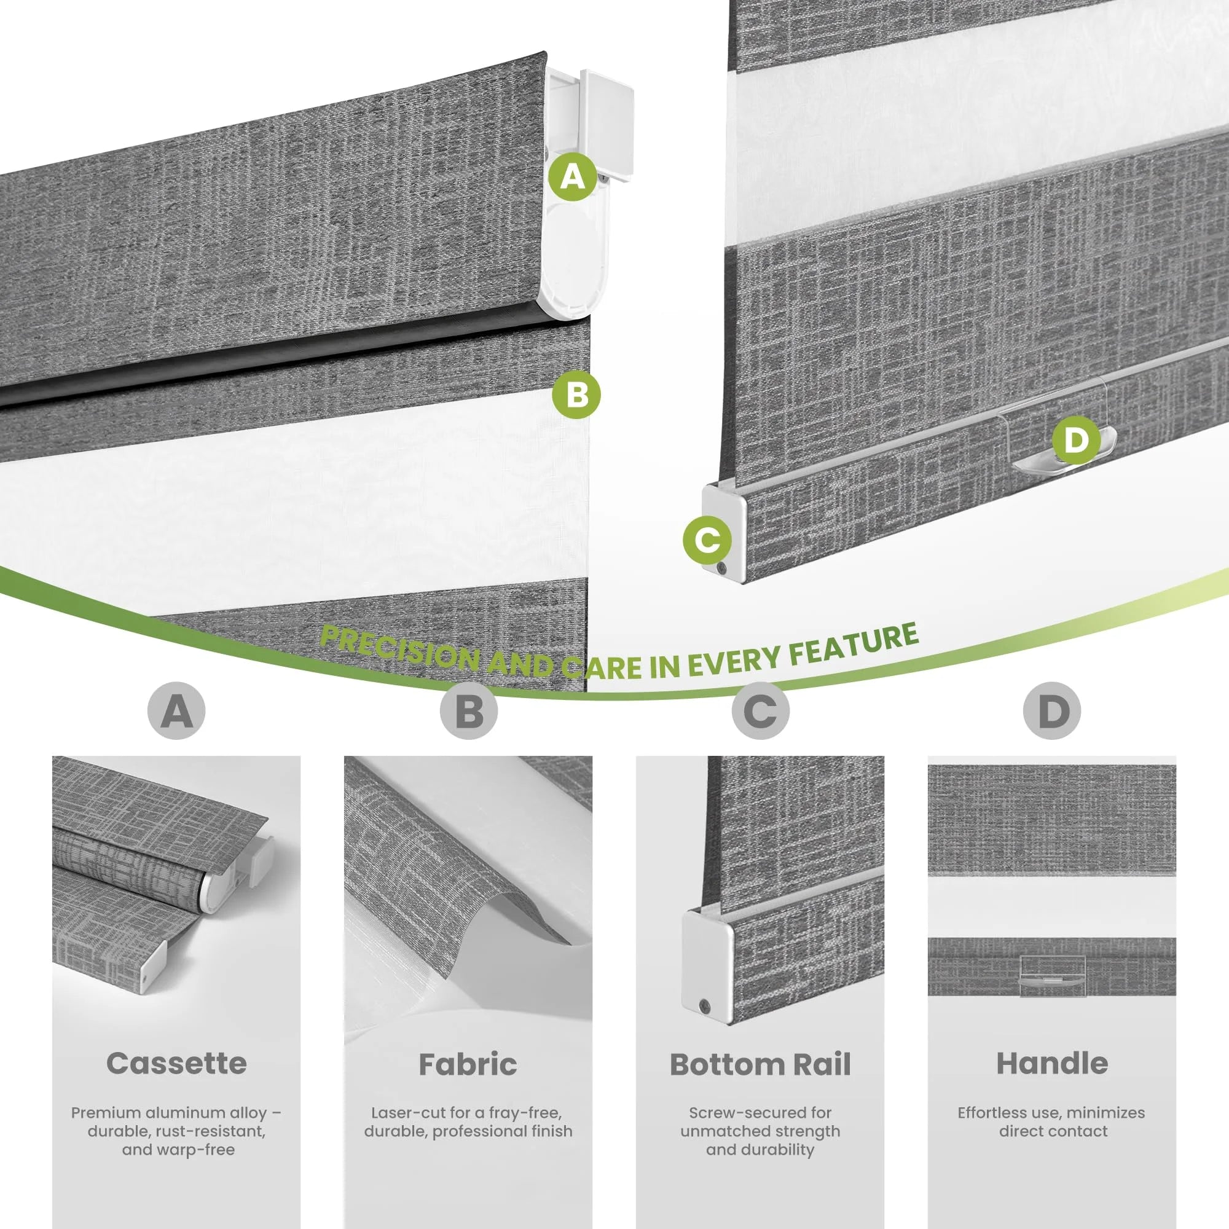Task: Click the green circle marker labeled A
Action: pos(573,176)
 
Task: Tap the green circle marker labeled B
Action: pos(576,394)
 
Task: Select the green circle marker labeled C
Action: pos(707,540)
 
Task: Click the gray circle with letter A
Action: pos(176,710)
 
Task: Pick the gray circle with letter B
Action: pos(468,710)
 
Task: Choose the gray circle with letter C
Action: pos(760,710)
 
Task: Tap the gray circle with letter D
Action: pos(1052,710)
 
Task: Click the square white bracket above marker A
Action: pos(608,125)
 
